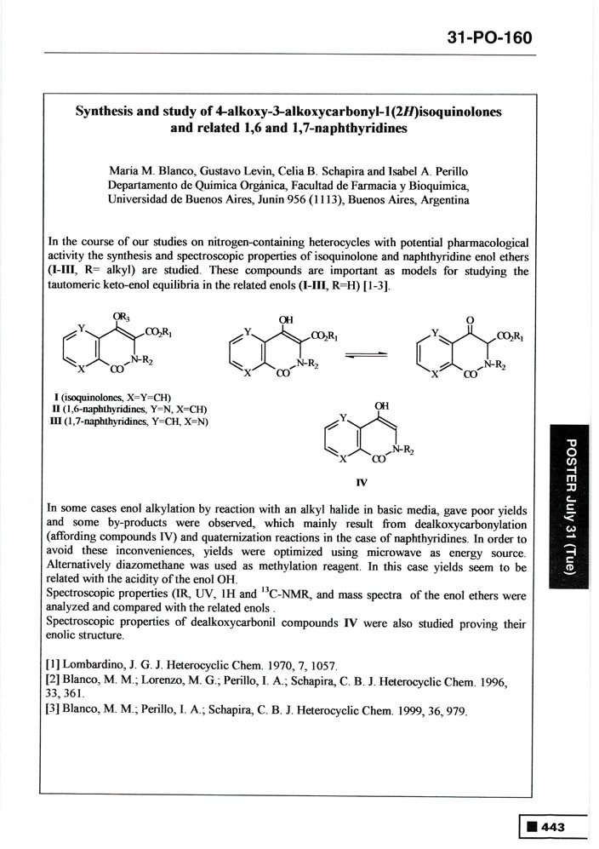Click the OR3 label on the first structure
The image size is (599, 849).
coord(122,318)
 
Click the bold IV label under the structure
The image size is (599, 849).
coord(362,482)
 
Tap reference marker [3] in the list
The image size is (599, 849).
coord(57,711)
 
